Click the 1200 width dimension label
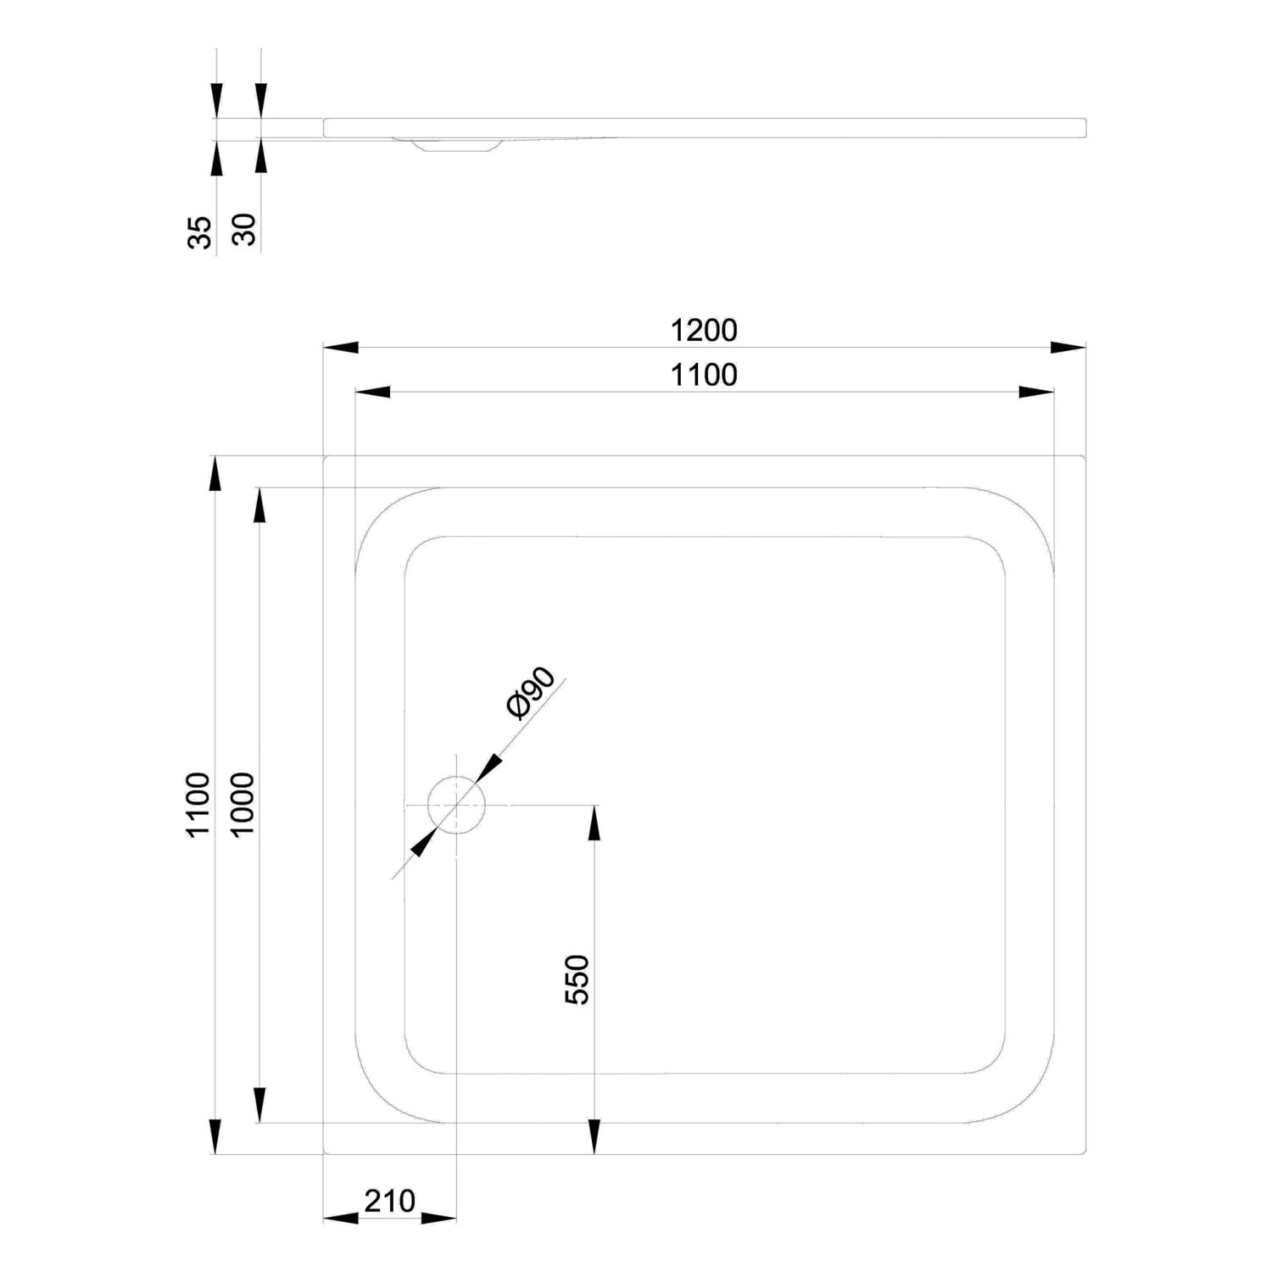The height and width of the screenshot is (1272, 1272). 704,330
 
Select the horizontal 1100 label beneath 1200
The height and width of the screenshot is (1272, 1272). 704,374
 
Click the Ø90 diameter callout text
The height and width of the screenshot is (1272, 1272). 530,694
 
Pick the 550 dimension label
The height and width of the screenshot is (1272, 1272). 577,979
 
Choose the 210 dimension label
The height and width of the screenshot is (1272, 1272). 390,1201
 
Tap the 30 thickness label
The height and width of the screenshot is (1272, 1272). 243,230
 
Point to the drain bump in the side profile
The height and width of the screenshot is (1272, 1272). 455,145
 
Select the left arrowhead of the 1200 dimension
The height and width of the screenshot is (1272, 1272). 342,347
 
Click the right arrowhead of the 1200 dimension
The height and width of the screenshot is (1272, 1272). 1068,347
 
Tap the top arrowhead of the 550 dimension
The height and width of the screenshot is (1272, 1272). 594,823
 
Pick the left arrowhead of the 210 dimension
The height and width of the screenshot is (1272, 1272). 342,1218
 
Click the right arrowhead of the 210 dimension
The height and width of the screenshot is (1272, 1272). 439,1218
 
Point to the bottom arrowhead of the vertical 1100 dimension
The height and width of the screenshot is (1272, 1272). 215,1136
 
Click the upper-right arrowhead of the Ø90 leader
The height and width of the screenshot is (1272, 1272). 489,768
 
